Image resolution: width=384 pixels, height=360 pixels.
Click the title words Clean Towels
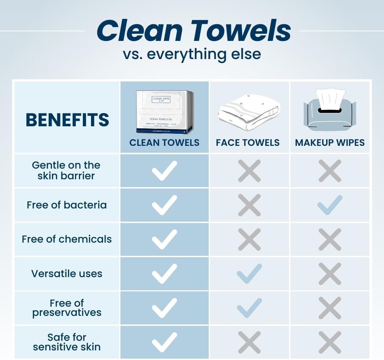tap(193, 31)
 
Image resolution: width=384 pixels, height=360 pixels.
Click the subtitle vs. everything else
tap(192, 54)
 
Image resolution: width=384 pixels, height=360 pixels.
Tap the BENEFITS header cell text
tap(67, 120)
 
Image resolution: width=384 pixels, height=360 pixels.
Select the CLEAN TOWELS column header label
tap(164, 143)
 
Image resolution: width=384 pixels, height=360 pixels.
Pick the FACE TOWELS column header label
tap(248, 143)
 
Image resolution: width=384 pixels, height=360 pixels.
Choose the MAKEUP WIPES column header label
tap(330, 143)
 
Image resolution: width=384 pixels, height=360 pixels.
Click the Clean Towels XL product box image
tap(165, 112)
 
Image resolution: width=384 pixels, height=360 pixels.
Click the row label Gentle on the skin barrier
tap(66, 170)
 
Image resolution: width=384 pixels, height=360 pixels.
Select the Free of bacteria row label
tap(66, 205)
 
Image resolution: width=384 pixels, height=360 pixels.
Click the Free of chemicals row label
tap(66, 239)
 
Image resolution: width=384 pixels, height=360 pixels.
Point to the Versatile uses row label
tap(66, 274)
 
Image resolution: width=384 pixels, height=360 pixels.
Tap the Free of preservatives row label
tap(66, 308)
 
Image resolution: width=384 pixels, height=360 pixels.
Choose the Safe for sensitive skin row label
tap(66, 342)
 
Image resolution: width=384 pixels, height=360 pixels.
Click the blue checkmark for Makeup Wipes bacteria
tap(330, 205)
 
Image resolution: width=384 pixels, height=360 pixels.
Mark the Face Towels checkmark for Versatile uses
tap(249, 274)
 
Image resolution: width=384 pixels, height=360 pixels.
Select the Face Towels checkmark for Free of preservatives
tap(249, 308)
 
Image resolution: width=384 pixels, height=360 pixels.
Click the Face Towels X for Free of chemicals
tap(249, 239)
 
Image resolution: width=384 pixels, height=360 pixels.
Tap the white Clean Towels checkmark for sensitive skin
tap(164, 342)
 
